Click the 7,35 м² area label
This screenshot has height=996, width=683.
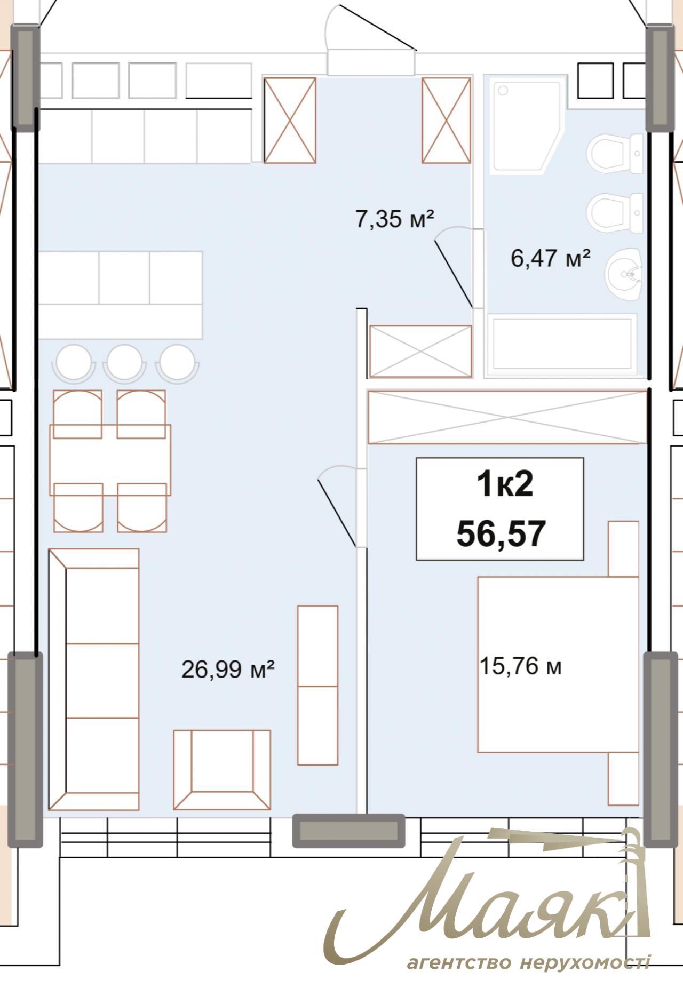pyautogui.click(x=394, y=219)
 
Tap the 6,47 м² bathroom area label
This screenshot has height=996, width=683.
pyautogui.click(x=550, y=259)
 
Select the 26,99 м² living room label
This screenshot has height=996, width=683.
pyautogui.click(x=228, y=669)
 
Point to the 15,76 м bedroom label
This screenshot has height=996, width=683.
pyautogui.click(x=520, y=666)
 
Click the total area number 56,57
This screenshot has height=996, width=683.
pyautogui.click(x=501, y=533)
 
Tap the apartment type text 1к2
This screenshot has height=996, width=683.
pyautogui.click(x=504, y=484)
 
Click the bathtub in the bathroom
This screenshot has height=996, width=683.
pyautogui.click(x=561, y=345)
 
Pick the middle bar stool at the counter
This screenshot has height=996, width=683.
pyautogui.click(x=125, y=363)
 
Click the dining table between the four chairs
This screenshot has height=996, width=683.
pyautogui.click(x=110, y=460)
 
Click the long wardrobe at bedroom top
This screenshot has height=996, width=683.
pyautogui.click(x=507, y=417)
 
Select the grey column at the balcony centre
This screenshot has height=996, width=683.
pyautogui.click(x=348, y=831)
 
